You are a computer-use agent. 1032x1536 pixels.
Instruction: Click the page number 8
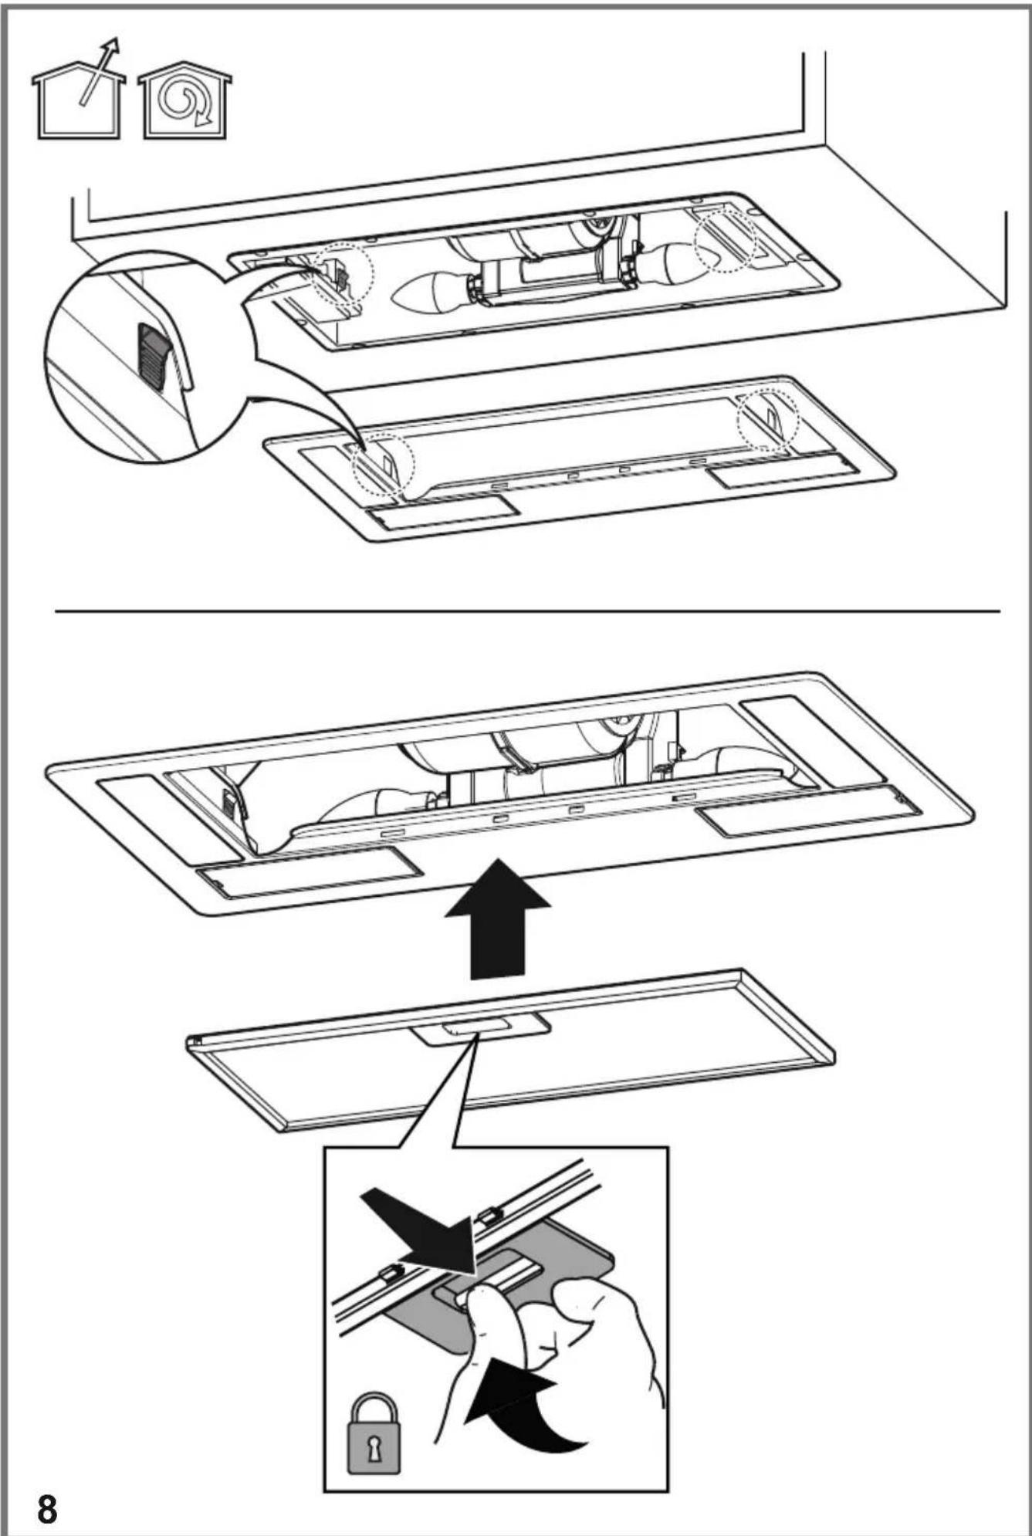(47, 1509)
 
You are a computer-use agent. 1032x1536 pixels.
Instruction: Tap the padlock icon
(374, 1433)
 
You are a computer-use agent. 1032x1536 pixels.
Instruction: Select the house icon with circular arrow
(185, 100)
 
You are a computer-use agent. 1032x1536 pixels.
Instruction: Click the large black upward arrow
(498, 919)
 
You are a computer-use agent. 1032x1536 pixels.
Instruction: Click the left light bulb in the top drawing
(432, 290)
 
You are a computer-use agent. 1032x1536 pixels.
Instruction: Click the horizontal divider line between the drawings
(528, 611)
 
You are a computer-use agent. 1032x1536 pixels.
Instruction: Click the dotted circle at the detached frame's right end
(767, 421)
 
